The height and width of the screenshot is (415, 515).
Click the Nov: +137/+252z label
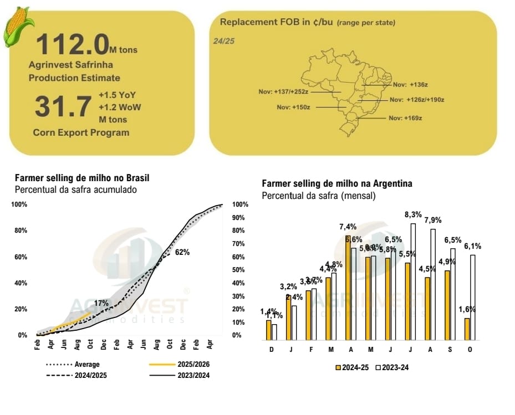pyautogui.click(x=283, y=91)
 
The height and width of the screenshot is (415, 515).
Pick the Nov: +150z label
pyautogui.click(x=294, y=107)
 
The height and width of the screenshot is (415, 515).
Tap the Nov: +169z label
pyautogui.click(x=405, y=118)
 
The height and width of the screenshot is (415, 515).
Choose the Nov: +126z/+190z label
pyautogui.click(x=417, y=100)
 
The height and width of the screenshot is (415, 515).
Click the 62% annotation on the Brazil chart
pyautogui.click(x=182, y=252)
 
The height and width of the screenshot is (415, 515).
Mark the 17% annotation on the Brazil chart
pyautogui.click(x=101, y=303)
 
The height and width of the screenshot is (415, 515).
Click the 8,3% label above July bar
pyautogui.click(x=413, y=214)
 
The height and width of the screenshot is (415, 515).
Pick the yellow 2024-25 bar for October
pyautogui.click(x=467, y=329)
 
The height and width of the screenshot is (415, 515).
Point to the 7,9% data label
pyautogui.click(x=433, y=220)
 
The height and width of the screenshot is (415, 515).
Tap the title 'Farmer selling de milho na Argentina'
pyautogui.click(x=336, y=183)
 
